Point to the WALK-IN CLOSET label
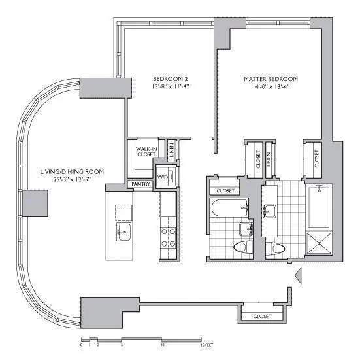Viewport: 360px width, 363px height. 144,152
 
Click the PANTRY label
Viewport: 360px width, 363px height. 140,185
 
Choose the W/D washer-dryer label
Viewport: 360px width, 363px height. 162,177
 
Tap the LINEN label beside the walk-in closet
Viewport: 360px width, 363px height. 171,149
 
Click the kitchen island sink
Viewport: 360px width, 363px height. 123,231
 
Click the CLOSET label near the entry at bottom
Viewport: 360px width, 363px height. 260,317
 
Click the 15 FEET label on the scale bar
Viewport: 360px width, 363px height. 206,345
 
